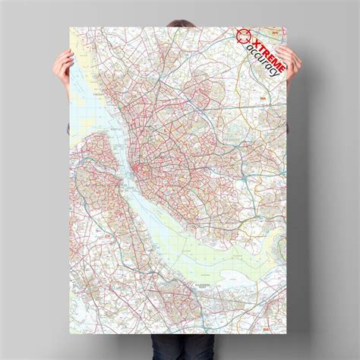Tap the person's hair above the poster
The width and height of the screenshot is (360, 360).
pyautogui.click(x=180, y=13)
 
